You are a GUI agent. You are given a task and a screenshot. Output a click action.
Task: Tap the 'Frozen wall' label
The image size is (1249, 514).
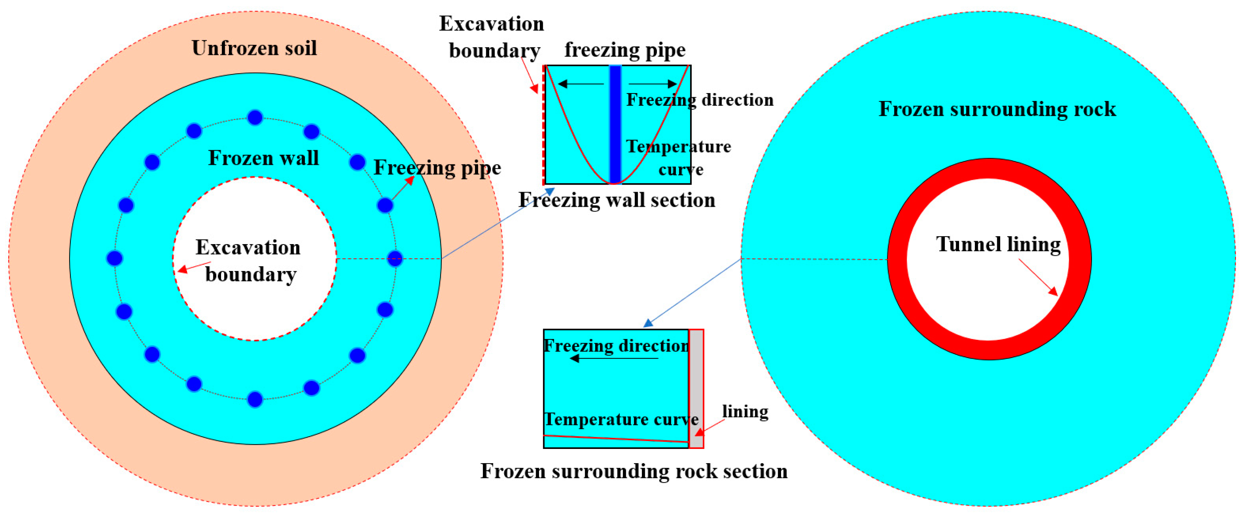tap(263, 158)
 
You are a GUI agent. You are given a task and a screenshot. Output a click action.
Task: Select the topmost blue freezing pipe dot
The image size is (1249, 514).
tap(255, 117)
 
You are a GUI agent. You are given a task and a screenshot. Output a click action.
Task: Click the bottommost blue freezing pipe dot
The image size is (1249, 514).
tap(255, 400)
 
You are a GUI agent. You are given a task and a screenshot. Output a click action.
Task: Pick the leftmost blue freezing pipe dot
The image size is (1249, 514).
tap(114, 258)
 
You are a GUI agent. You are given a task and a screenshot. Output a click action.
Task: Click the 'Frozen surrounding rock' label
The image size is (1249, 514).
tap(997, 109)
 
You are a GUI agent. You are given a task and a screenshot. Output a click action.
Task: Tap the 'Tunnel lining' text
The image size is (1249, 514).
tap(998, 244)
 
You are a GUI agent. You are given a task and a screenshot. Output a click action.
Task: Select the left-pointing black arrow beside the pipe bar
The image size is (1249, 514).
tap(581, 84)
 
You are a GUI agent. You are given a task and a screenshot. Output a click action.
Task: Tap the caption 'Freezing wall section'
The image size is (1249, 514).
tap(617, 200)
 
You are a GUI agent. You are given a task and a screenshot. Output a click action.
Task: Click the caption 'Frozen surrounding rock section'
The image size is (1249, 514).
tap(634, 471)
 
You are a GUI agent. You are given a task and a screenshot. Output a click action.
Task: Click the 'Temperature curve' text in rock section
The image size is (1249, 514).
tap(621, 419)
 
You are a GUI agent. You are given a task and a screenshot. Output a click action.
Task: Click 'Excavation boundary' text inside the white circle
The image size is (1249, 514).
tap(249, 261)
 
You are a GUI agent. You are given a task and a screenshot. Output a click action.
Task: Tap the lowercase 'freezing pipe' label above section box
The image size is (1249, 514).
tap(625, 50)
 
